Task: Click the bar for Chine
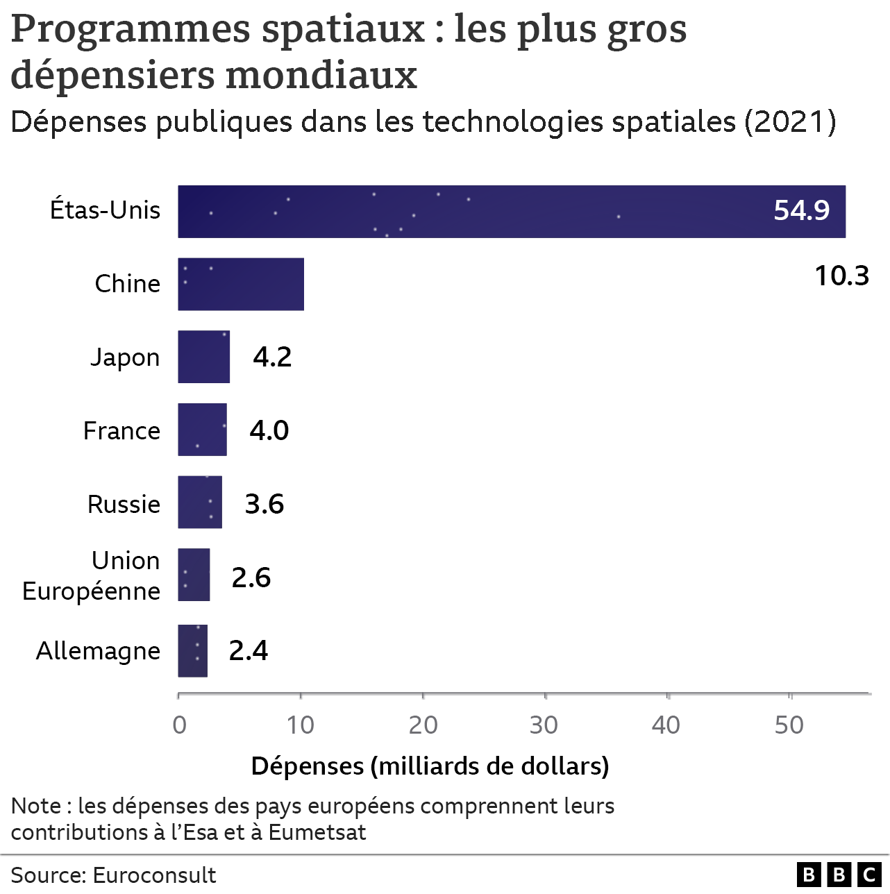pyautogui.click(x=241, y=284)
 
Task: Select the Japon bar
pyautogui.click(x=203, y=357)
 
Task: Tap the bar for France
pyautogui.click(x=202, y=430)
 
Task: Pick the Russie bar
pyautogui.click(x=200, y=502)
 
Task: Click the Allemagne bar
pyautogui.click(x=192, y=650)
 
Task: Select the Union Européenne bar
pyautogui.click(x=194, y=575)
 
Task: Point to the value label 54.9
pyautogui.click(x=801, y=210)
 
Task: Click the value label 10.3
pyautogui.click(x=841, y=276)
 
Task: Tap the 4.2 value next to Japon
pyautogui.click(x=272, y=357)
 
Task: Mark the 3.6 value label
pyautogui.click(x=265, y=504)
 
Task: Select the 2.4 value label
pyautogui.click(x=249, y=650)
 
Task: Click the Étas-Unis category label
pyautogui.click(x=105, y=210)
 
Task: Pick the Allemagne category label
pyautogui.click(x=98, y=651)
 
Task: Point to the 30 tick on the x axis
pyautogui.click(x=544, y=725)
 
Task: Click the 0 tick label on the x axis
pyautogui.click(x=179, y=725)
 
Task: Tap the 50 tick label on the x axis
pyautogui.click(x=789, y=725)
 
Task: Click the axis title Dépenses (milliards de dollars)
pyautogui.click(x=430, y=766)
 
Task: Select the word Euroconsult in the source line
pyautogui.click(x=154, y=875)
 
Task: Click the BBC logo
pyautogui.click(x=839, y=875)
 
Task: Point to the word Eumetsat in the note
pyautogui.click(x=317, y=832)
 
